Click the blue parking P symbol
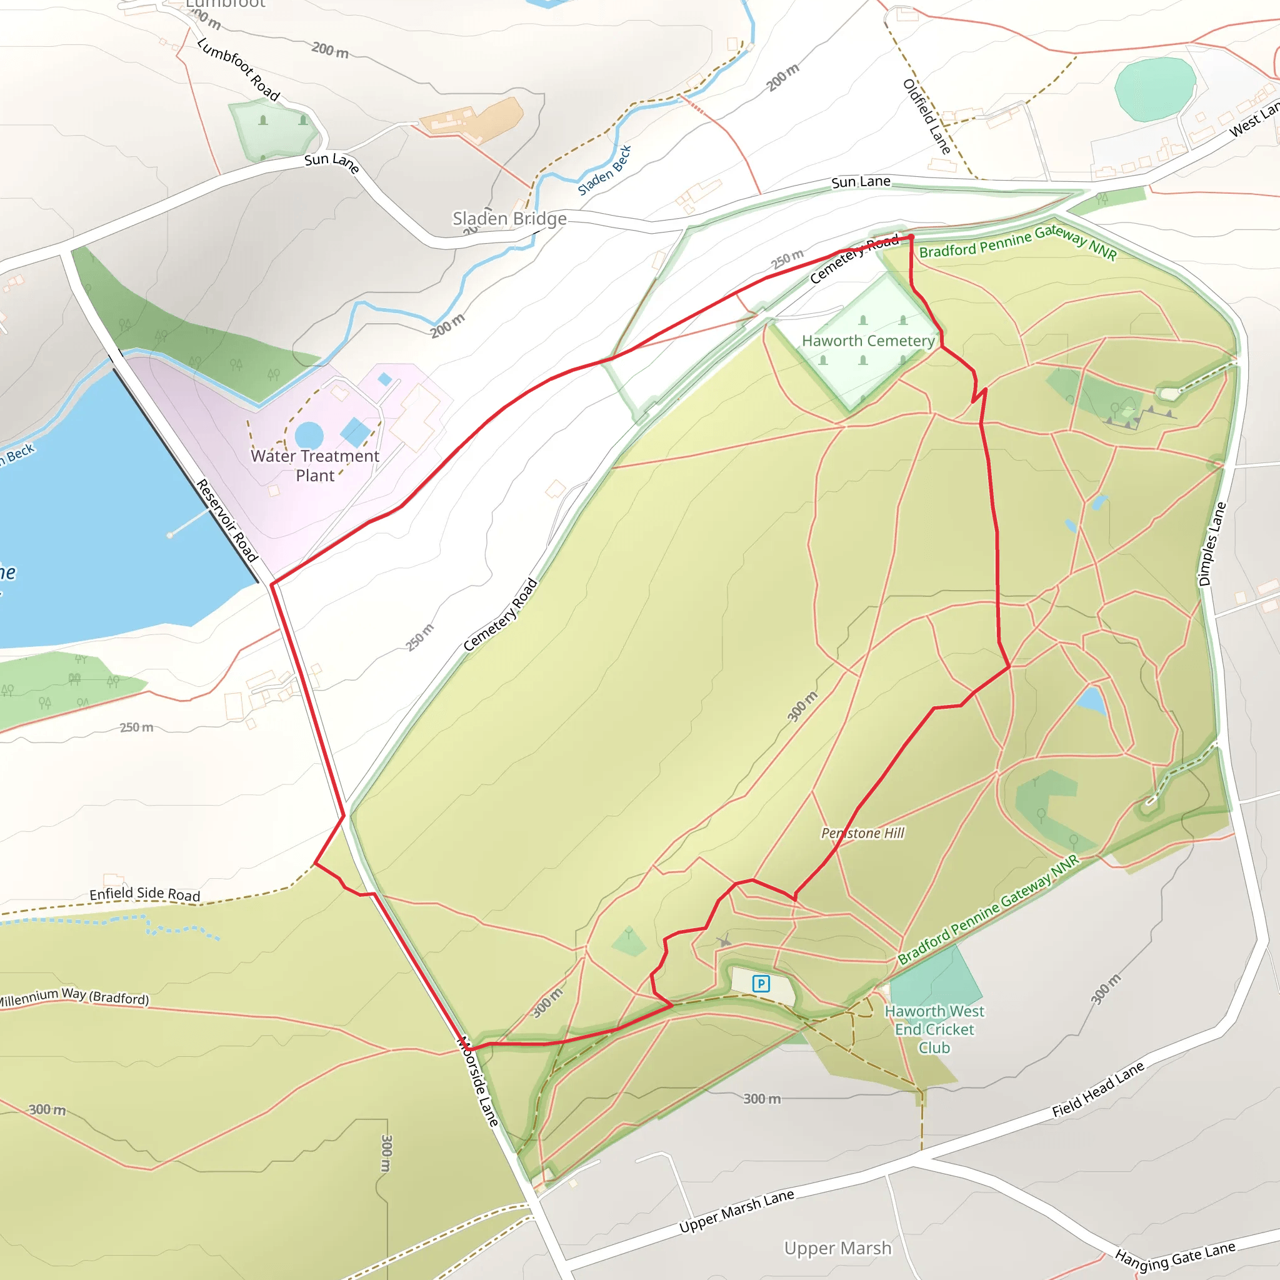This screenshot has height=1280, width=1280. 761,984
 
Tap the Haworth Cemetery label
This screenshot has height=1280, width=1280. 868,341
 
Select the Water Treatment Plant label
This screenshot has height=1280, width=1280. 315,466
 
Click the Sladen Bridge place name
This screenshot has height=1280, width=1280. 509,219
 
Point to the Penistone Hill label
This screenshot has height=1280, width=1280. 862,834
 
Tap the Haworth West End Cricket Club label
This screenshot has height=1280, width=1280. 934,1029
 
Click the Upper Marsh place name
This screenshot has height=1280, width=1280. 837,1248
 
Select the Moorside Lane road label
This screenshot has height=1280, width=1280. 477,1081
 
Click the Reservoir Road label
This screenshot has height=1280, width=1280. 227,521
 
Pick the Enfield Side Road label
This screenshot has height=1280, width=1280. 145,894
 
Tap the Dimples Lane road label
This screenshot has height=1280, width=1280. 1212,544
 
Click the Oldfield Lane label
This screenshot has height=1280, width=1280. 927,117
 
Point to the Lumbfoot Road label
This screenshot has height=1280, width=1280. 239,69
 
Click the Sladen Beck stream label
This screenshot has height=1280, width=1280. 604,170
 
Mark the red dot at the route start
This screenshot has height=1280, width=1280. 911,237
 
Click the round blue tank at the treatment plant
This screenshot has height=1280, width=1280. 309,435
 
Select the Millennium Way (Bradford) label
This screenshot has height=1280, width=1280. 73,997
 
